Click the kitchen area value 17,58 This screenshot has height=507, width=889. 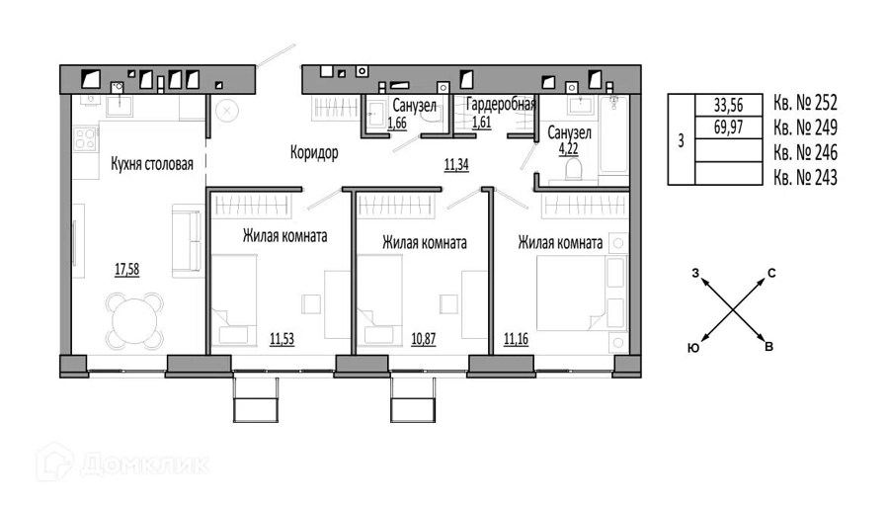tap(127, 270)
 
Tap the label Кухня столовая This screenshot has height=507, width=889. tap(152, 164)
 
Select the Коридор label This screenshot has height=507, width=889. tap(314, 152)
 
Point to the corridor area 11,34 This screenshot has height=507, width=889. tap(456, 165)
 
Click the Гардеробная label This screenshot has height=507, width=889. tap(501, 105)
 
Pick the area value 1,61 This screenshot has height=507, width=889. tap(481, 122)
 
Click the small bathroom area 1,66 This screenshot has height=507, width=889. tap(397, 123)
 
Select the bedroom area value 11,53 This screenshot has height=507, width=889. tap(282, 339)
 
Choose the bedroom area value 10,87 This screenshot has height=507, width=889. tap(423, 339)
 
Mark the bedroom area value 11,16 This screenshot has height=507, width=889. tap(516, 339)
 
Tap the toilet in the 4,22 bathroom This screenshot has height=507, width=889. tap(573, 168)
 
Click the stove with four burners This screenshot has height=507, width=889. tap(85, 139)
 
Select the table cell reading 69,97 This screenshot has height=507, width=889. tap(728, 127)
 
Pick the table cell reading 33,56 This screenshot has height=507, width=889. tap(728, 105)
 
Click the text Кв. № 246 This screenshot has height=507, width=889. tap(805, 152)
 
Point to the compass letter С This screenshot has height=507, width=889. tap(771, 274)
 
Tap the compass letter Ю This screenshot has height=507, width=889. tap(693, 349)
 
